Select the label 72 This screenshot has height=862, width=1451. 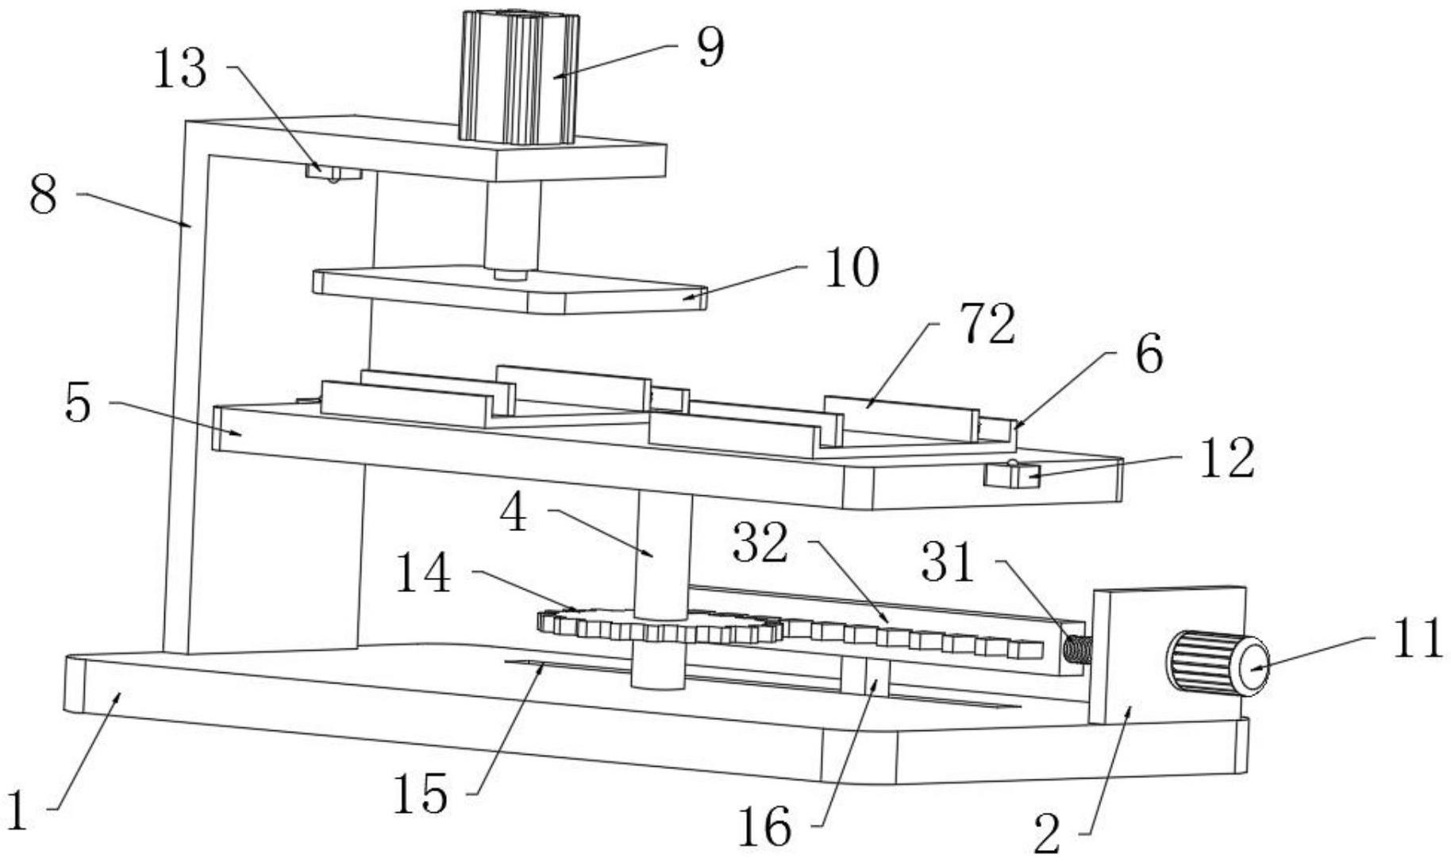[x=987, y=325]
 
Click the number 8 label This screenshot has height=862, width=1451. [x=43, y=194]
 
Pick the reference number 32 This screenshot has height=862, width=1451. [x=760, y=545]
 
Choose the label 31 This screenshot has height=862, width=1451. [x=947, y=564]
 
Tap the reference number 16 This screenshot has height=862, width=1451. [x=765, y=827]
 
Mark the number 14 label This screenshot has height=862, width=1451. [x=423, y=574]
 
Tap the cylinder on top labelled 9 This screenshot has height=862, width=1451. [x=518, y=76]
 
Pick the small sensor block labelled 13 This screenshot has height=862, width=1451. [x=333, y=171]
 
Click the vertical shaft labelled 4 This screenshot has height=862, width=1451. [x=663, y=556]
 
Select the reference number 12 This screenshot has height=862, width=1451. [x=1226, y=459]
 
